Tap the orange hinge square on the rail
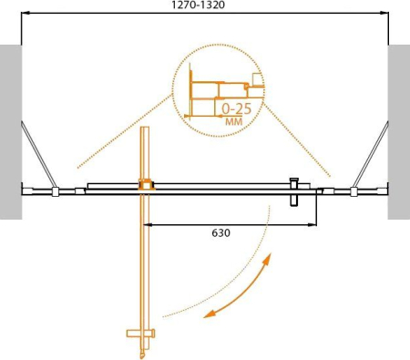[144, 186]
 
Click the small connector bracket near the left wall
[56, 191]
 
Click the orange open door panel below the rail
[144, 264]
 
